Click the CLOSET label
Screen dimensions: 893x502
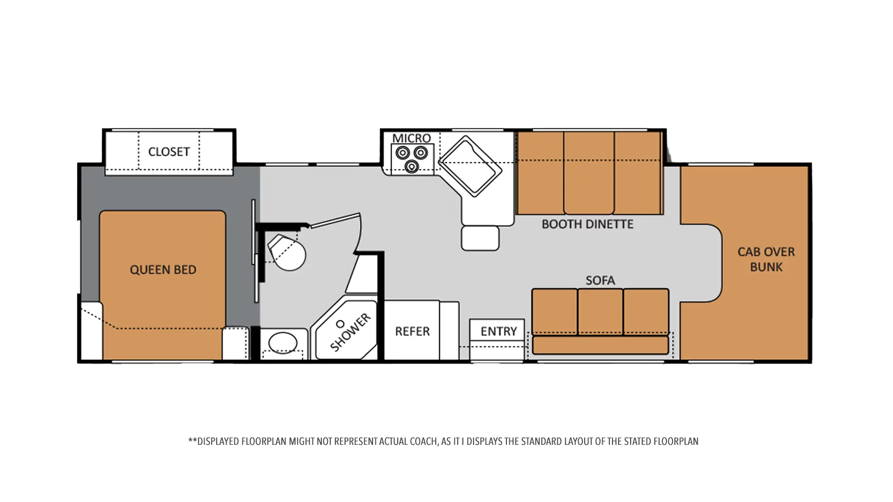tap(169, 152)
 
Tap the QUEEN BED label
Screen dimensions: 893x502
tap(163, 270)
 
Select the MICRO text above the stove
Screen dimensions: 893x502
tap(412, 138)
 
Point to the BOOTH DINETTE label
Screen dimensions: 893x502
tap(587, 224)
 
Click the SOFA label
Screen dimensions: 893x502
tap(600, 280)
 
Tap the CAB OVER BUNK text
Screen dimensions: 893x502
tap(766, 259)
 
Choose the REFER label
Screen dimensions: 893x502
tap(412, 331)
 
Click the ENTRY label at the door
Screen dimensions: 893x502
tap(499, 331)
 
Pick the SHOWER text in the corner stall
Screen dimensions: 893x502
tap(350, 332)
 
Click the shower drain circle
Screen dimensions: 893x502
tap(340, 324)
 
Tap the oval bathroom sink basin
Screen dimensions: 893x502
tap(283, 343)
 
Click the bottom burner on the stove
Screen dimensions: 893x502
tap(412, 166)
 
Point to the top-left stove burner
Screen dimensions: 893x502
tap(402, 152)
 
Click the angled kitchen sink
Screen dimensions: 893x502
tap(470, 166)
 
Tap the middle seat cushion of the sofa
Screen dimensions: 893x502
tap(600, 311)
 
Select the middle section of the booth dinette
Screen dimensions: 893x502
tap(589, 173)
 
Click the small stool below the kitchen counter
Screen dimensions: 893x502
tap(480, 238)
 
